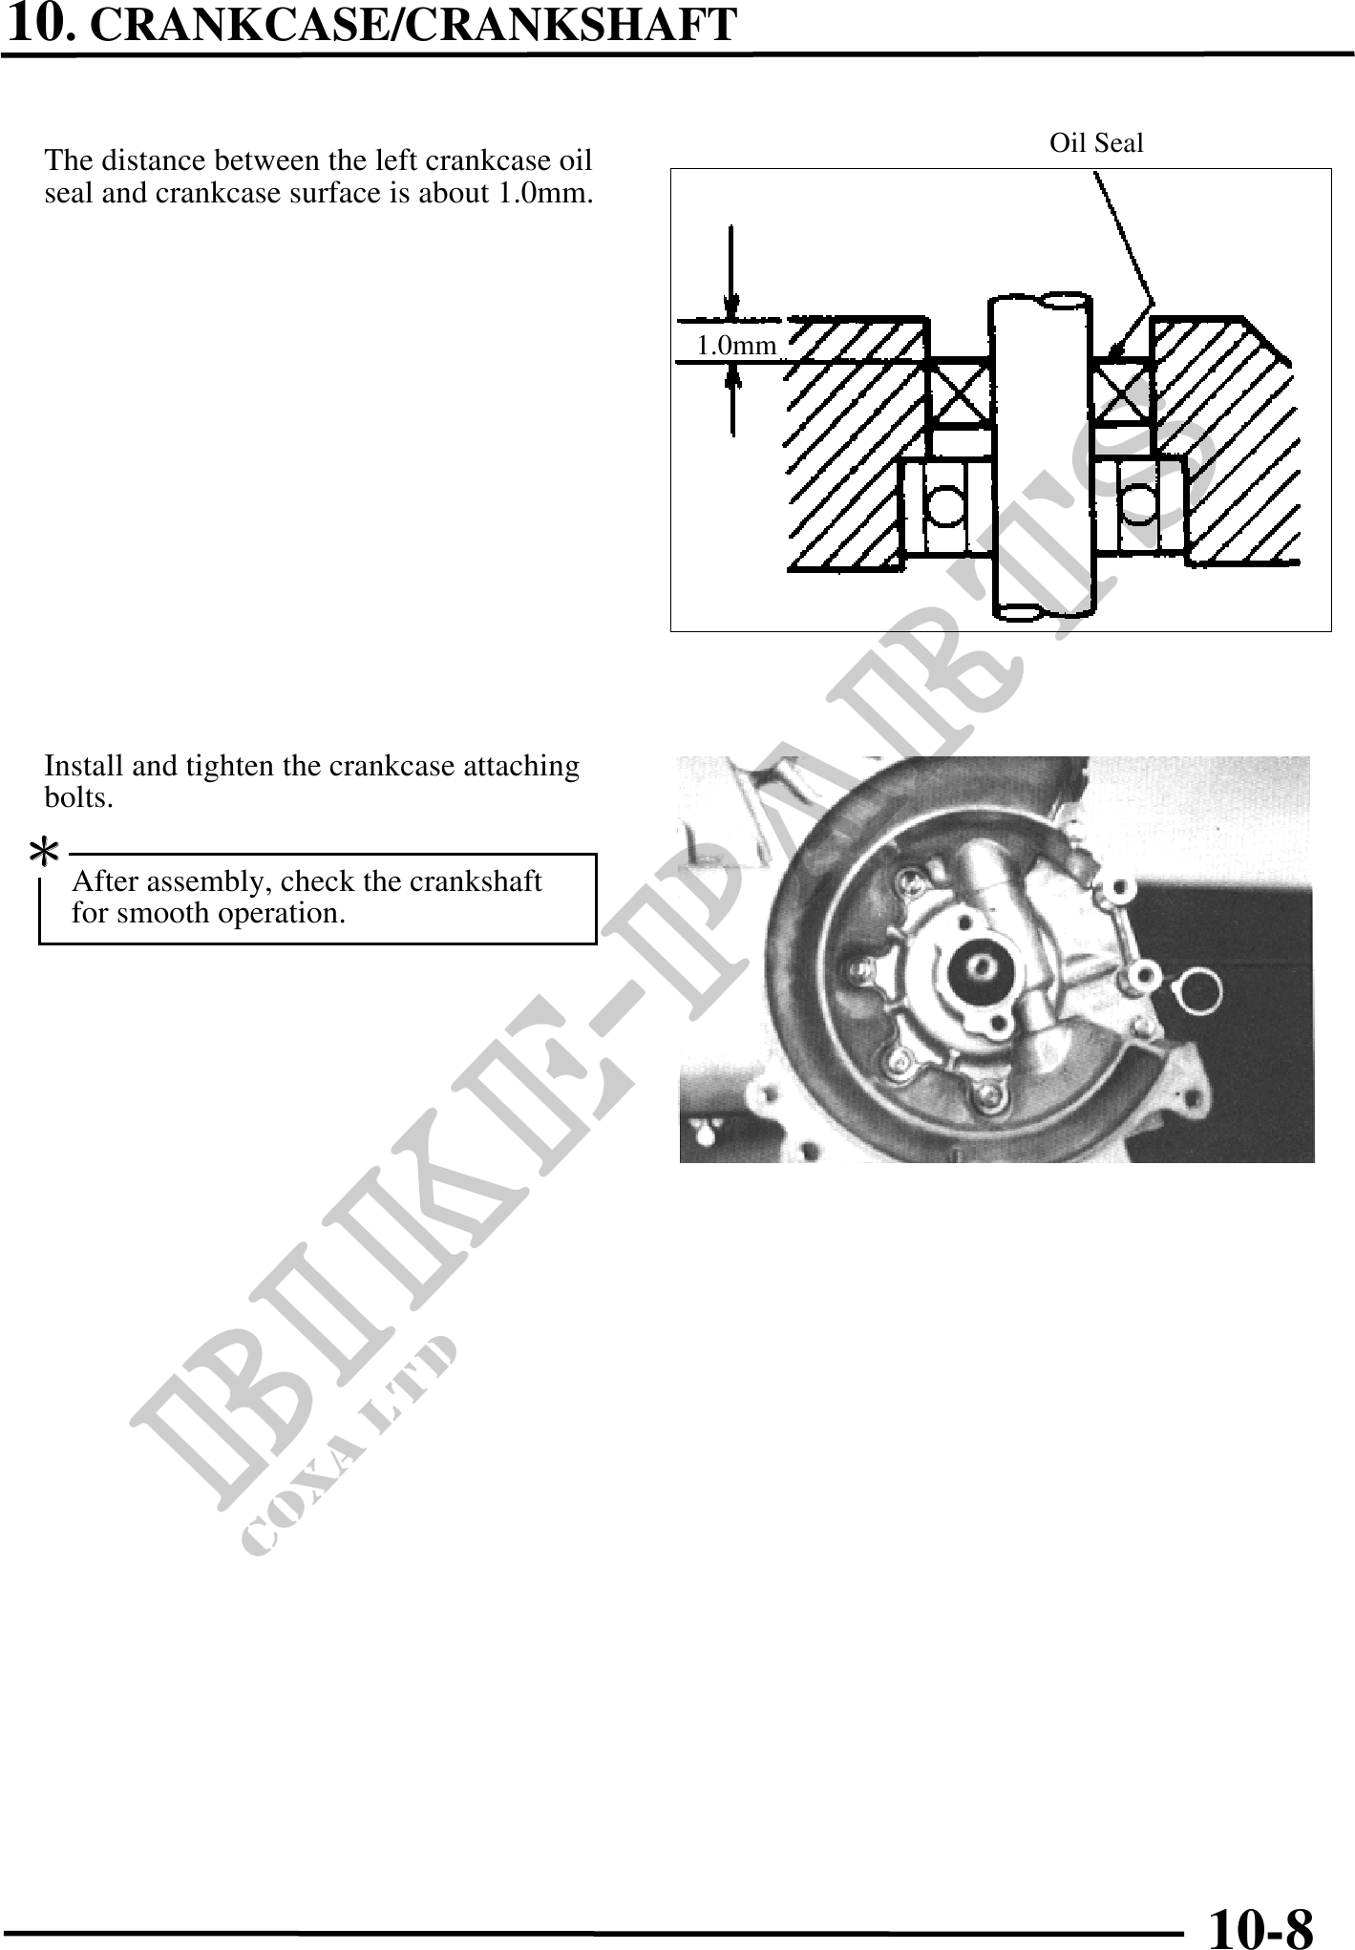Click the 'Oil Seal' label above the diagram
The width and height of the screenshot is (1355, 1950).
[1095, 144]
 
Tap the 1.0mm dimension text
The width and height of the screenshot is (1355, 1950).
[735, 346]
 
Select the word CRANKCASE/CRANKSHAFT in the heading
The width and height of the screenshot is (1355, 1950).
[413, 26]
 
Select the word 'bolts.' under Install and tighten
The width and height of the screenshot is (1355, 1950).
[78, 798]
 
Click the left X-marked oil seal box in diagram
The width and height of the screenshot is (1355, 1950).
[960, 391]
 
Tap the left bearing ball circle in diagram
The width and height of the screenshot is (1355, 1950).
[945, 504]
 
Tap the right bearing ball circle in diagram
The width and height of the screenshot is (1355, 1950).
[1138, 503]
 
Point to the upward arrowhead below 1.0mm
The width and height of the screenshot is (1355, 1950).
[732, 379]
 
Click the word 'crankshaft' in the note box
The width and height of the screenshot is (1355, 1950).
[476, 881]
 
